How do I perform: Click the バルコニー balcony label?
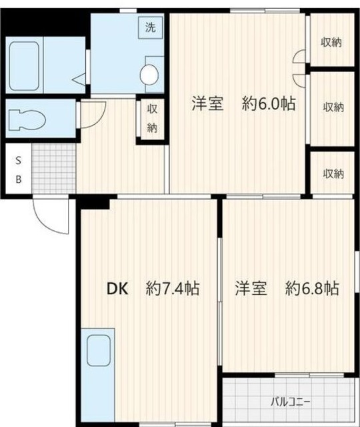pos(291,402)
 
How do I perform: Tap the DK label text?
pos(117,288)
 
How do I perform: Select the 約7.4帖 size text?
pos(173,288)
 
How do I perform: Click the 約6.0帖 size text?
pos(269,103)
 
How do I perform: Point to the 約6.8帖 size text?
pos(312,288)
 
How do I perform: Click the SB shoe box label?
pos(19,169)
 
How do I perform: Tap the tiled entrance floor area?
pos(53,169)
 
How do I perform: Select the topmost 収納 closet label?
pos(331,43)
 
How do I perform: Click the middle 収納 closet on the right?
pos(333,106)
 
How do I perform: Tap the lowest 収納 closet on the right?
pos(333,173)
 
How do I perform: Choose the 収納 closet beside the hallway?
pos(152,119)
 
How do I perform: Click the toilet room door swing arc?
pos(92,113)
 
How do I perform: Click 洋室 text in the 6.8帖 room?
pos(251,288)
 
